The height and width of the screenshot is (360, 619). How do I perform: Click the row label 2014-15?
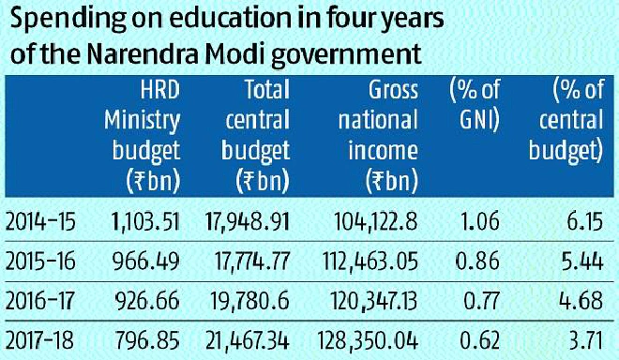tap(40, 222)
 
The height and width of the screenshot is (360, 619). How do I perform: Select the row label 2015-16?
tap(40, 262)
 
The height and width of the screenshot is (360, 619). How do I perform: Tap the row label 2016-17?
tap(40, 301)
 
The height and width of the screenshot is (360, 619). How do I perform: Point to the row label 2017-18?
tap(40, 340)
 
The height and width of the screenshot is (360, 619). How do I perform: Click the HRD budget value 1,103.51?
tap(145, 222)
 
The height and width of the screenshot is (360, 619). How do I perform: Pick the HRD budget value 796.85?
tap(147, 340)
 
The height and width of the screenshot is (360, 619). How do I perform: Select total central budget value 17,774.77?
tap(252, 262)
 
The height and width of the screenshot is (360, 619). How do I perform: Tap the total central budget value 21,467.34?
tap(248, 340)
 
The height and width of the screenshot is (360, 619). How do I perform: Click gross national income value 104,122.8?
tap(376, 222)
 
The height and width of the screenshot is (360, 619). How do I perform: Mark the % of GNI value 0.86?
tap(477, 262)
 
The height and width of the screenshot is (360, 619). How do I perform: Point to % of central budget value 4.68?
tap(581, 301)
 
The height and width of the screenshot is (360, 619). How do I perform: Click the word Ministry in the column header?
tap(143, 121)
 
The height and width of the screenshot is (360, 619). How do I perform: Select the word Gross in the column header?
tap(393, 90)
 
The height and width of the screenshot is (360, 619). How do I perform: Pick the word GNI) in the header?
tap(479, 120)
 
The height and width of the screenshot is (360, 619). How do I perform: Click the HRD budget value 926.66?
tap(147, 301)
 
